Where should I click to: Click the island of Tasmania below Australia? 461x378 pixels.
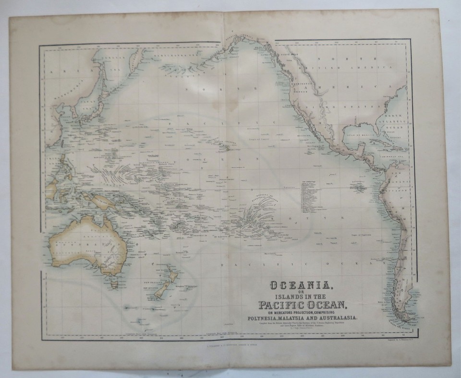click(x=113, y=283)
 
